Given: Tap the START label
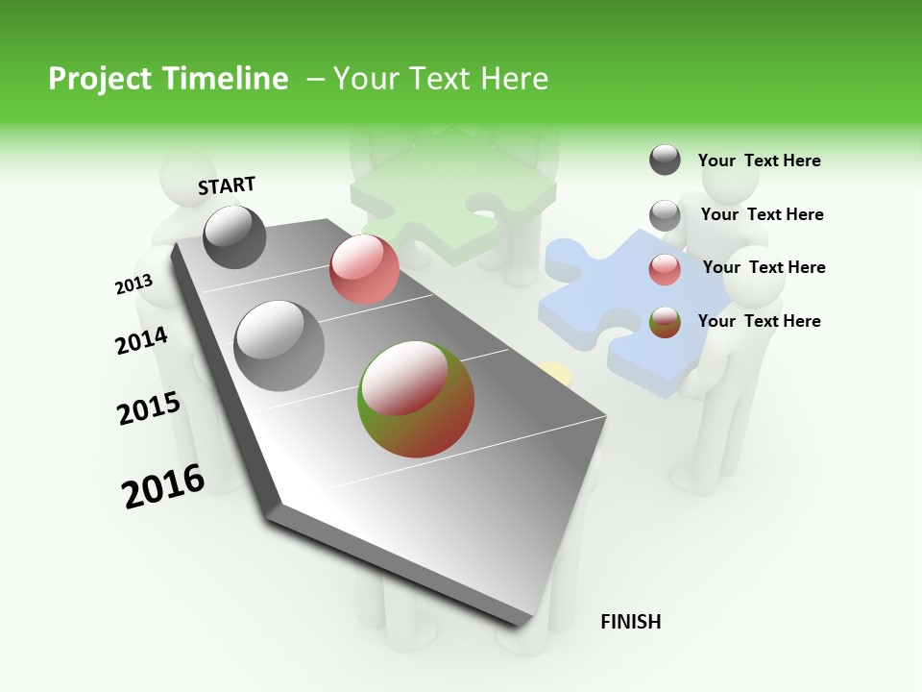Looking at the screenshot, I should pos(227,185).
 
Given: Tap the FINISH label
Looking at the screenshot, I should pos(630,622).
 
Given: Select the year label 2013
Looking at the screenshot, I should pos(133,284).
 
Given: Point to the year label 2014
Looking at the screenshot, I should pos(141,340).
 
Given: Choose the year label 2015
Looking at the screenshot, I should pos(149,409).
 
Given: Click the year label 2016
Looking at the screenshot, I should pos(163,486).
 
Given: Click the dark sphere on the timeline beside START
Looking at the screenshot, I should pos(235,236).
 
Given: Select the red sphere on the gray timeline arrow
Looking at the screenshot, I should pos(364,269).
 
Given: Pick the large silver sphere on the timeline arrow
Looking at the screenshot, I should pos(279,345).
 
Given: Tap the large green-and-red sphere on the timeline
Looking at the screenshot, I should pos(416,399).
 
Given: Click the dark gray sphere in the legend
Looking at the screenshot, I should pos(665,160).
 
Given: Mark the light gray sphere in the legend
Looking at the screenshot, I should pos(665,215).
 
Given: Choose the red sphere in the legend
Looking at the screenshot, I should pos(665,269).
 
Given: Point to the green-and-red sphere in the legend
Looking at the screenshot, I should pos(665,322).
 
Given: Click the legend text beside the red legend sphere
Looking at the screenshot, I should pos(764,267).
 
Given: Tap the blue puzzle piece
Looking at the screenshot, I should pos(624,308).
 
